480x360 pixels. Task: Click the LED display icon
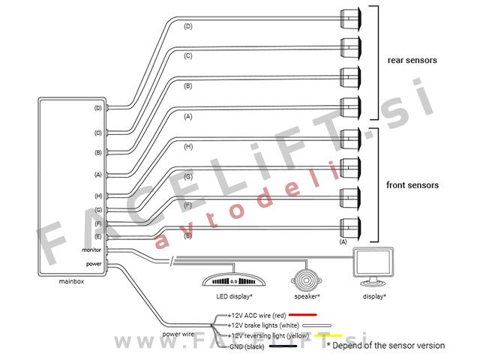click(234, 279)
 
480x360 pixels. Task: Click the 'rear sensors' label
click(412, 60)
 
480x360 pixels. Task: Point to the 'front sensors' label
click(412, 184)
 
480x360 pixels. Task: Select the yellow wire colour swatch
click(329, 335)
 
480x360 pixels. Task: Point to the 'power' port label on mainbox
click(94, 263)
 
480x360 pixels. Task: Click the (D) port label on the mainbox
click(97, 108)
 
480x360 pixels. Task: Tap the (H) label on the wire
click(188, 146)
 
